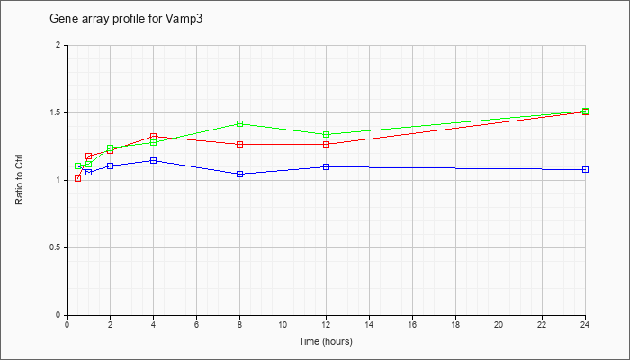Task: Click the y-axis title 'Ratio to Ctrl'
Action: (x=19, y=179)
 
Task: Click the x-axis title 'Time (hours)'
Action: (x=326, y=341)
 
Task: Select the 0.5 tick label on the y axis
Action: (x=58, y=247)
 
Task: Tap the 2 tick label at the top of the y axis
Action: (x=61, y=45)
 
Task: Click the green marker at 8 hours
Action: (x=240, y=124)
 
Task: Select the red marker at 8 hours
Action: (x=240, y=144)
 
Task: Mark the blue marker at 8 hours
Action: (x=240, y=174)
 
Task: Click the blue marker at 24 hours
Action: (x=585, y=169)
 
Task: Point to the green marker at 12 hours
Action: (x=326, y=135)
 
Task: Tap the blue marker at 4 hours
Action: (x=154, y=161)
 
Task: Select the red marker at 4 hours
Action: (x=154, y=137)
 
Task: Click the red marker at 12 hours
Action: (x=326, y=144)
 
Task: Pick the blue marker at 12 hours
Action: (x=326, y=166)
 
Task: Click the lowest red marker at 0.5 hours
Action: (x=78, y=178)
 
